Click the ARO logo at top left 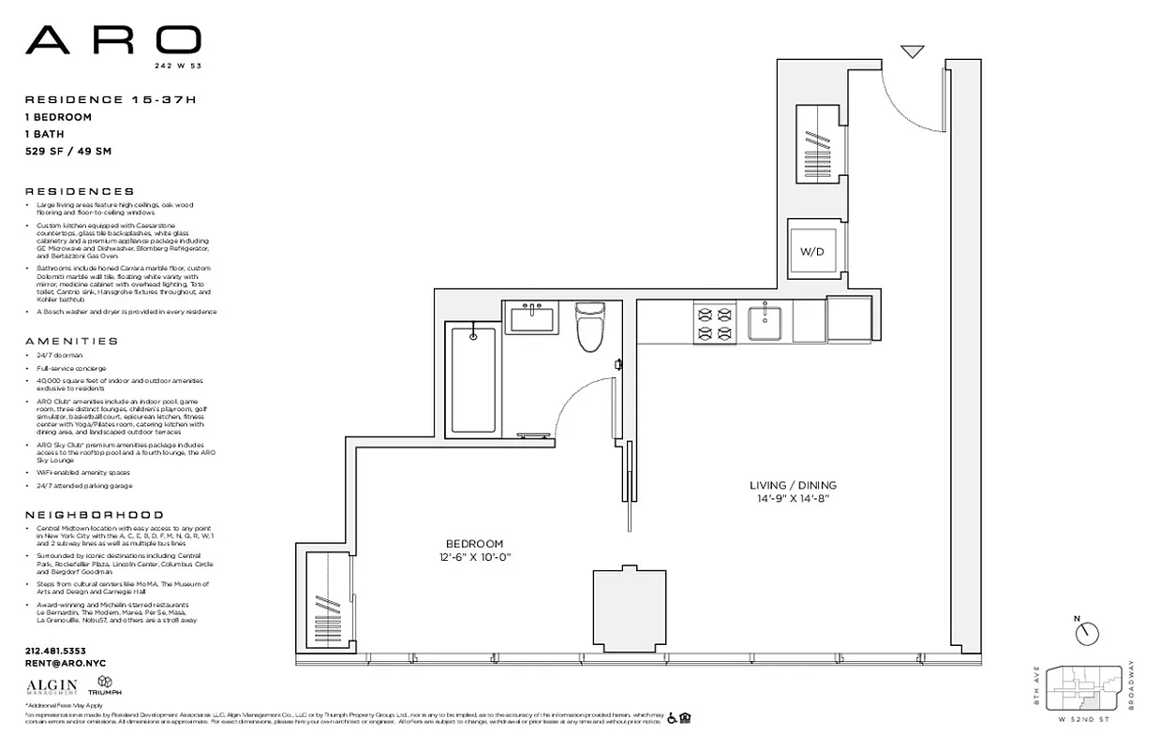click(112, 40)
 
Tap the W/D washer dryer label click(810, 253)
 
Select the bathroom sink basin click(533, 318)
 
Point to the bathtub click(473, 378)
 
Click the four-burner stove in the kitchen click(713, 322)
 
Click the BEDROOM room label click(473, 544)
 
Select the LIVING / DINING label click(793, 486)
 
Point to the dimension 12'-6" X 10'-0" click(476, 558)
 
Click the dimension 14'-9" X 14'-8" click(793, 499)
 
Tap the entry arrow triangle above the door click(913, 51)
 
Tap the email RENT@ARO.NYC click(65, 662)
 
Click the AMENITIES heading click(72, 342)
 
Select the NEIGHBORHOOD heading click(94, 515)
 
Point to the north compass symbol click(1087, 633)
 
